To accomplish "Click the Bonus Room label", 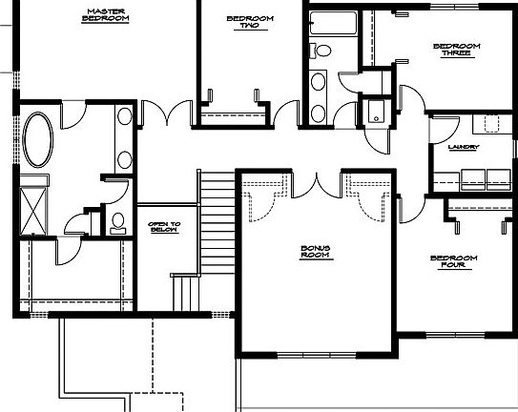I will (x=315, y=252).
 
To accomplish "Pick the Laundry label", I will (x=463, y=147).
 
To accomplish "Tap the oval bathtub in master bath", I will (x=39, y=139).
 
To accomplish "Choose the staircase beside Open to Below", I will (x=216, y=219).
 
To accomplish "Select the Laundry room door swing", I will (x=412, y=101).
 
